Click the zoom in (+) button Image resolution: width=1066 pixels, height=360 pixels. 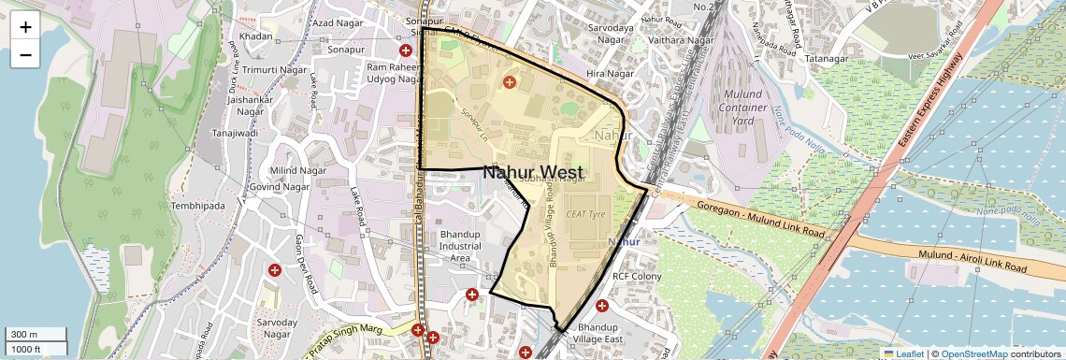[x=25, y=27]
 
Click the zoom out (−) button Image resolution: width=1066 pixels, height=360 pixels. [x=25, y=55]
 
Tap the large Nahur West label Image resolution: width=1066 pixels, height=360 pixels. [x=533, y=172]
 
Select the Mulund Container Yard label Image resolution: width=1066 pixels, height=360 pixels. [x=742, y=108]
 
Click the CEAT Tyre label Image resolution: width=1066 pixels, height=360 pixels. [x=586, y=214]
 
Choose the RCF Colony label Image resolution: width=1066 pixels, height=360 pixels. [x=636, y=277]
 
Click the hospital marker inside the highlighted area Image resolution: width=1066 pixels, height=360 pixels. [x=510, y=82]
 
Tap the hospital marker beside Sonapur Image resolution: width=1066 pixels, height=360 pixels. [x=406, y=50]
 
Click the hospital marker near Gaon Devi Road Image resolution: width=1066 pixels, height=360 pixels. [x=275, y=269]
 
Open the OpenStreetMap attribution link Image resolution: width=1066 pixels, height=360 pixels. [x=973, y=353]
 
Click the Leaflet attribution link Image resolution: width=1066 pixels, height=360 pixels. [x=903, y=353]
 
